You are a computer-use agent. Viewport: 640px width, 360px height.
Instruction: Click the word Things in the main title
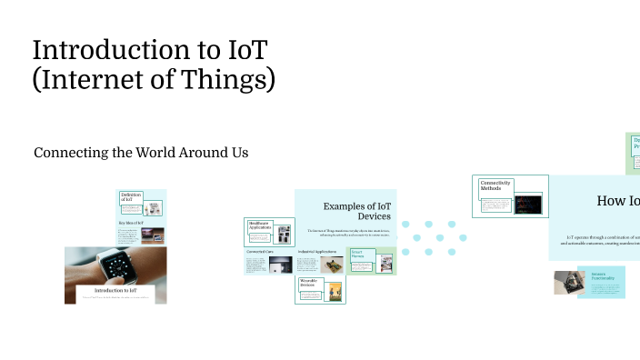[233, 80]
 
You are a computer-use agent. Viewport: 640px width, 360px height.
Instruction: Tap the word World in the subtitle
[147, 153]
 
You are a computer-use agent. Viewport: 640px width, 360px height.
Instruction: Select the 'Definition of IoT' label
[131, 196]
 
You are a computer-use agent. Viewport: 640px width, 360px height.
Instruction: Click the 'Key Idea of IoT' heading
[131, 222]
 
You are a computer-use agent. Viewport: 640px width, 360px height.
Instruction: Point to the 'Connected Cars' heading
[260, 251]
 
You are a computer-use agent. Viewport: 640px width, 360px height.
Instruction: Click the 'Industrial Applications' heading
[317, 251]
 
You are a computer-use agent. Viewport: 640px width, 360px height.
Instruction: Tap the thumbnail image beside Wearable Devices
[335, 291]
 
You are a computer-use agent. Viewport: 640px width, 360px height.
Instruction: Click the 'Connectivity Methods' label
[495, 186]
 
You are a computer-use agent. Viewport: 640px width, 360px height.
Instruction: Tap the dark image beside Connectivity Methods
[527, 204]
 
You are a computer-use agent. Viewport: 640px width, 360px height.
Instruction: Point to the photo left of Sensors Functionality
[568, 282]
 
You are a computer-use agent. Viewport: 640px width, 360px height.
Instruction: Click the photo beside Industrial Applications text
[332, 265]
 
